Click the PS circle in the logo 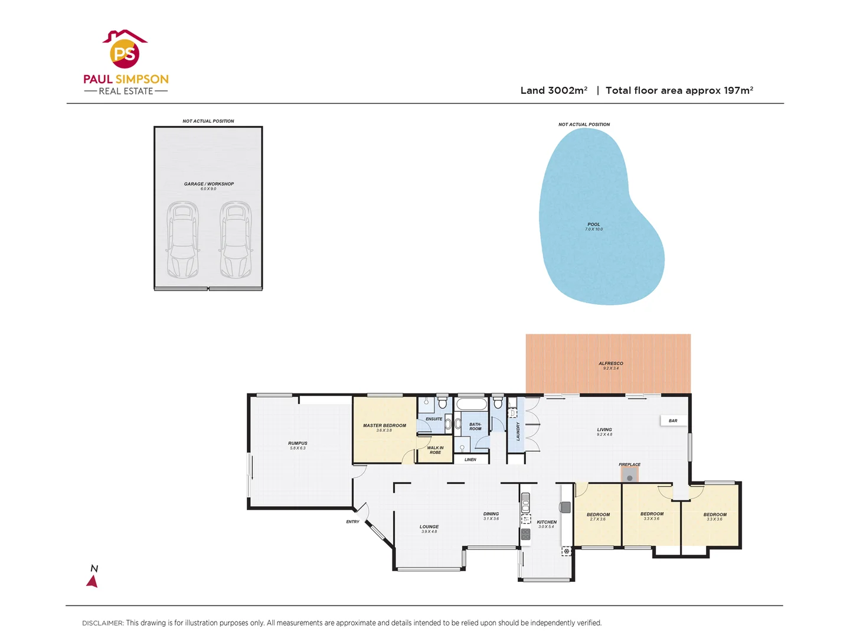tap(125, 54)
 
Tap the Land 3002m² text tap(553, 90)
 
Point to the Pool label tap(594, 225)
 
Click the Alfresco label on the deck tap(610, 364)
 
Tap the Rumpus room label tap(297, 444)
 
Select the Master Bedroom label tap(384, 426)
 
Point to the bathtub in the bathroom tap(471, 405)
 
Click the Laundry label tap(518, 431)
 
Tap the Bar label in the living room tap(673, 421)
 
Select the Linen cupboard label tap(470, 460)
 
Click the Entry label tap(352, 522)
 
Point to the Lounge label tap(429, 527)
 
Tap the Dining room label tap(491, 515)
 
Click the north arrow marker tap(93, 581)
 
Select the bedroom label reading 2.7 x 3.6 tap(598, 515)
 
